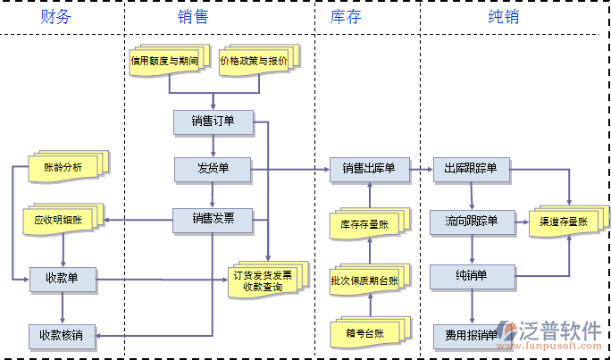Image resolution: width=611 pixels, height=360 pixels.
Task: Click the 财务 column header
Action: (55, 17)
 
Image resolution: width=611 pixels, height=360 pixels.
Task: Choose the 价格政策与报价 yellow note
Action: (254, 61)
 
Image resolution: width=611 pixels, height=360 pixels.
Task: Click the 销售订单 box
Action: (213, 121)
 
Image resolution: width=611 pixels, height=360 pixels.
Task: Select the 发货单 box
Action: (213, 168)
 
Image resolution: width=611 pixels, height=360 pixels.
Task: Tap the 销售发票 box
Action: (213, 218)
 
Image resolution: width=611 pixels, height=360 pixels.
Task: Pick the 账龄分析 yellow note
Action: (63, 166)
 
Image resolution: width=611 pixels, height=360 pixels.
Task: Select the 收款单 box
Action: (63, 278)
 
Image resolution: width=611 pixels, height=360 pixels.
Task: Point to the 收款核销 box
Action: (62, 336)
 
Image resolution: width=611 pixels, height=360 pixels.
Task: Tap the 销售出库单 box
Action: (369, 168)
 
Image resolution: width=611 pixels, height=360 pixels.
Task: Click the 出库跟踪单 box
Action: (471, 168)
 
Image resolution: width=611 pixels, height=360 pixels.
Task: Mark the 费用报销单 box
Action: (471, 336)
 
